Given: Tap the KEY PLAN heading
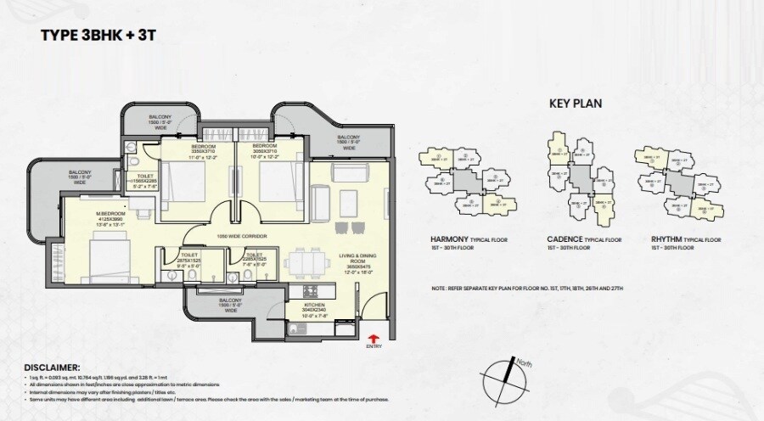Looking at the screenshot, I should click(x=576, y=104).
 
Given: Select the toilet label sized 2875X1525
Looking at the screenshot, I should click(x=189, y=260).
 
